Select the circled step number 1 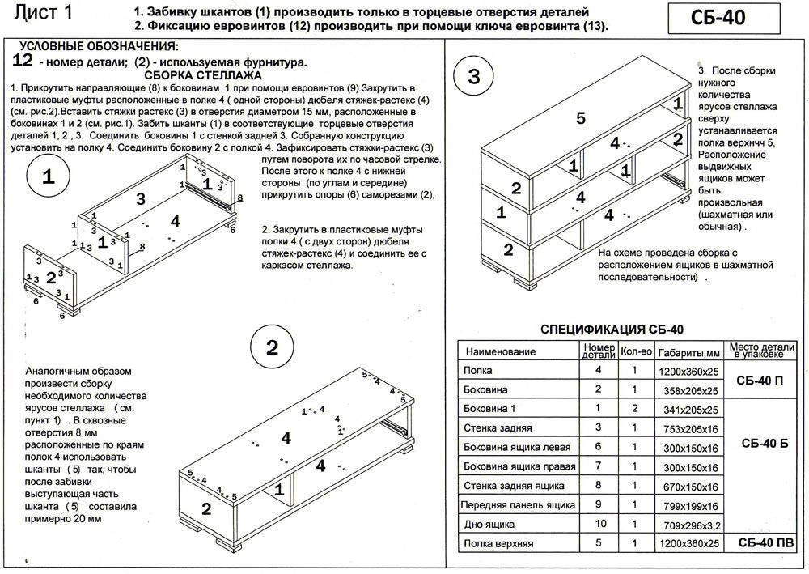49,179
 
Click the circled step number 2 272,349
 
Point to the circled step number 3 474,77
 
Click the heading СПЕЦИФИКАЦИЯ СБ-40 612,329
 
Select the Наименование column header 501,351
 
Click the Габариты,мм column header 688,352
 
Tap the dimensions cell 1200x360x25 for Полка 688,371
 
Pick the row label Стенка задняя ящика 514,486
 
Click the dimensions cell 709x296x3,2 688,525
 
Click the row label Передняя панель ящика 517,504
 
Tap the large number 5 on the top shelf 580,119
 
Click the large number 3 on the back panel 141,198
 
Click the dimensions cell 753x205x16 688,427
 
